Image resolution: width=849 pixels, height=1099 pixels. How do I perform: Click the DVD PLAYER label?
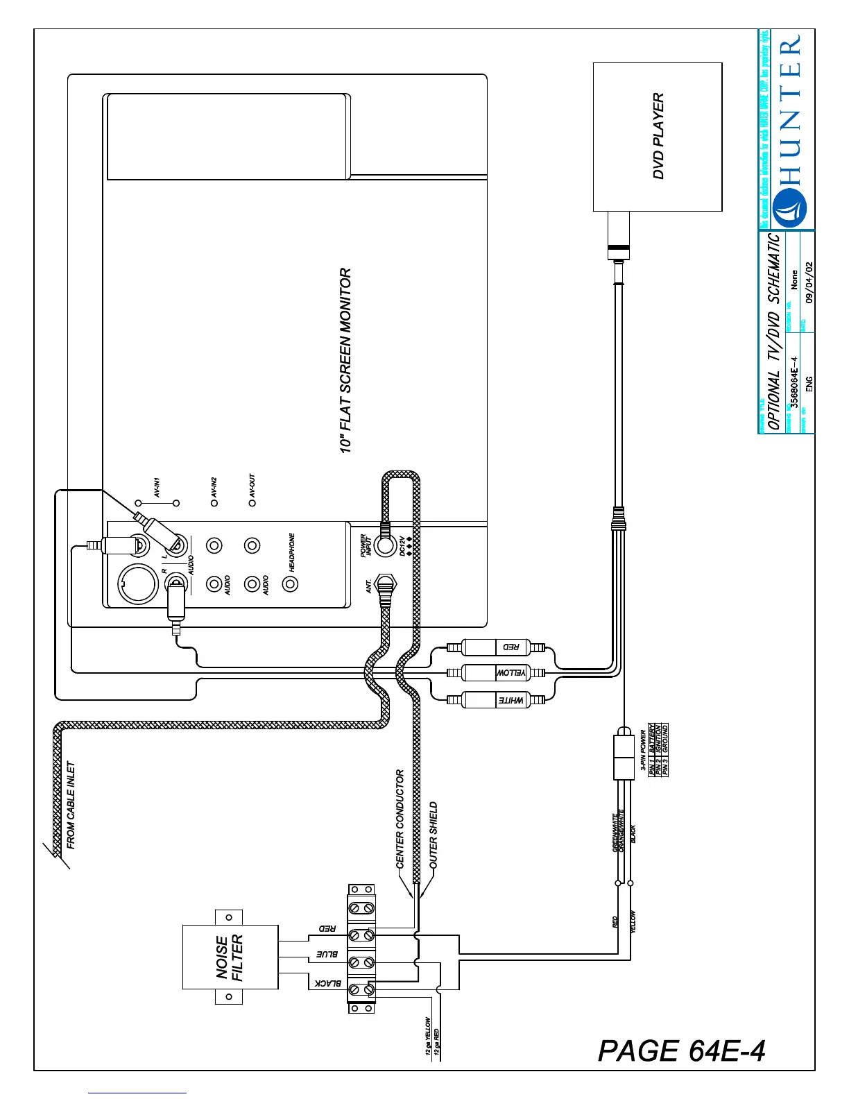658,137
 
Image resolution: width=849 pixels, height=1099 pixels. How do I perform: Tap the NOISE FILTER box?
230,957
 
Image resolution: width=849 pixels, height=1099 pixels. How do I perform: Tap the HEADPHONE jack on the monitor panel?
291,583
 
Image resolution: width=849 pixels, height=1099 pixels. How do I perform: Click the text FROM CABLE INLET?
71,805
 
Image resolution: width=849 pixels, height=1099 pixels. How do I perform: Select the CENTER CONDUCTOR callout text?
400,819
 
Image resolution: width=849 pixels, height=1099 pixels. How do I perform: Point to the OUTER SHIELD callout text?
434,833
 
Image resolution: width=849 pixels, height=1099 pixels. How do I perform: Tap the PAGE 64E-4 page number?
681,1050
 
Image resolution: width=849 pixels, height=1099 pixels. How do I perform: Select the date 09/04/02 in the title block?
809,282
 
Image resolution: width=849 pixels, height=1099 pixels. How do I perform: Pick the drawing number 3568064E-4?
795,382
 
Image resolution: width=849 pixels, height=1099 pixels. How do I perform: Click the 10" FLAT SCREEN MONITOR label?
345,361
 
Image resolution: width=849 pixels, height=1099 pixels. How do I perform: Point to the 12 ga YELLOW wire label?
428,1037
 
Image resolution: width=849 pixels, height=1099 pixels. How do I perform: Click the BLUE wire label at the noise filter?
327,954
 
